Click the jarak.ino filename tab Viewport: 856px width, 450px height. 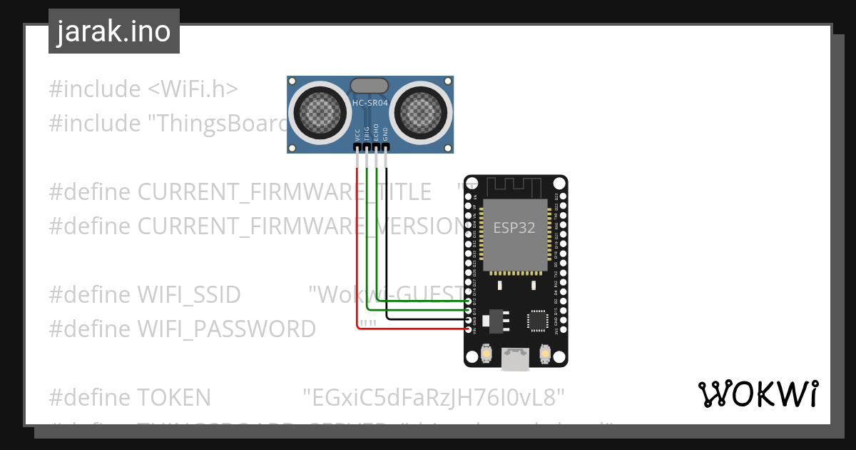point(114,31)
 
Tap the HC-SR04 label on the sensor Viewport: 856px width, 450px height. point(370,104)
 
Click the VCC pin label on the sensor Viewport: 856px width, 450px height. point(357,134)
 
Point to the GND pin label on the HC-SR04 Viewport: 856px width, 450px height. point(386,134)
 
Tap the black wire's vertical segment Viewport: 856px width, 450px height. point(386,236)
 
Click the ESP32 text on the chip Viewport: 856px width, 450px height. point(514,229)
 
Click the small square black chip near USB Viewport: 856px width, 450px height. point(537,321)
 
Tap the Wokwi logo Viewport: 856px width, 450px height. point(758,394)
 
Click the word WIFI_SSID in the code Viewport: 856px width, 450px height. point(189,294)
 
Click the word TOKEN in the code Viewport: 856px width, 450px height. point(174,397)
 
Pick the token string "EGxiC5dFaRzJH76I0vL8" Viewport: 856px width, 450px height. point(434,397)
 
